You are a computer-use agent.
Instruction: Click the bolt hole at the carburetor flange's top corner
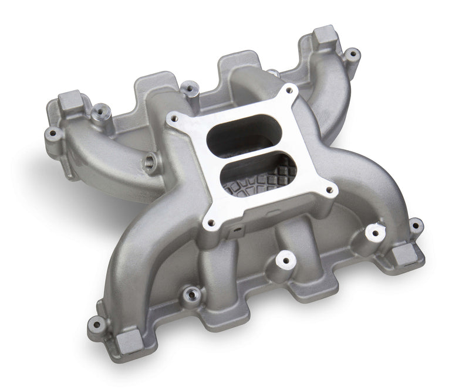(x=288, y=90)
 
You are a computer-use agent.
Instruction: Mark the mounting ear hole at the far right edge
(x=414, y=224)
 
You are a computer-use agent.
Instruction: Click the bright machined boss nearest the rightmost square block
(x=372, y=232)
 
